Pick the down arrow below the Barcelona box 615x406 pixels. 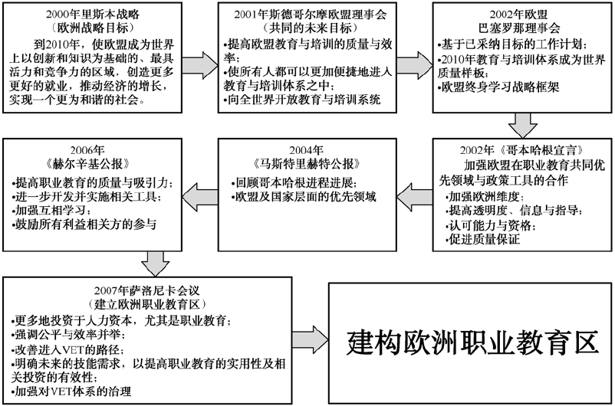(523, 123)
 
